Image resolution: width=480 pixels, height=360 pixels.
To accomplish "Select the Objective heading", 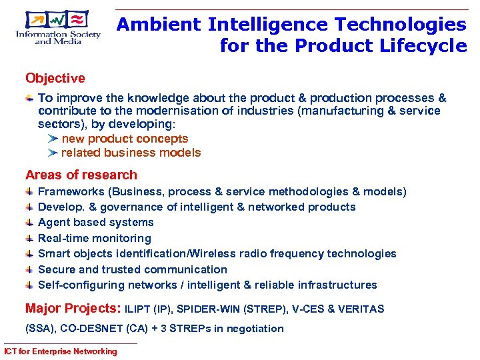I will pos(55,79).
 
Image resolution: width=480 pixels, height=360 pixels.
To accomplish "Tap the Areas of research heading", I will pos(81,175).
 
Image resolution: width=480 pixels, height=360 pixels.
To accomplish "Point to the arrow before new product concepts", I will pos(53,139).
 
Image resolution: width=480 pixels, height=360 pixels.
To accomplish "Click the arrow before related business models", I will pos(53,153).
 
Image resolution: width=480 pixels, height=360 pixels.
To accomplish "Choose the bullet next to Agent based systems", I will pos(30,223).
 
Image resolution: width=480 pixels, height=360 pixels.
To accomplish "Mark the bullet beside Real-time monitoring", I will pos(30,238).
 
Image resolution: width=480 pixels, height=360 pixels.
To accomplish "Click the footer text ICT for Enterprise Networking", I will pos(60,351).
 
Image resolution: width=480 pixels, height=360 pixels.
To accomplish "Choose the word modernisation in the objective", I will pos(174,111).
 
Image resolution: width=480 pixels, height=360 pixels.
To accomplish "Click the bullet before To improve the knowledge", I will pos(30,98).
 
